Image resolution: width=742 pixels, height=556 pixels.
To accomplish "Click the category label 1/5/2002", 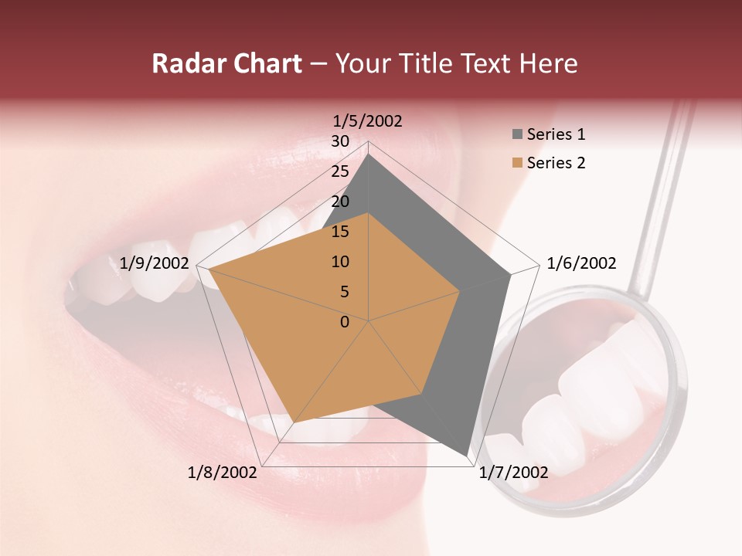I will tap(368, 121).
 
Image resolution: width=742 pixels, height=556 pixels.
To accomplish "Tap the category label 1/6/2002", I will tap(581, 263).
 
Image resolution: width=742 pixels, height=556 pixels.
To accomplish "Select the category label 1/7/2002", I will tap(513, 473).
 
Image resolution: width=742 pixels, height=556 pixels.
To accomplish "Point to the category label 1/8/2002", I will tap(223, 473).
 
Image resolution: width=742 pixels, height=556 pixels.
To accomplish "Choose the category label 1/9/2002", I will tap(155, 263).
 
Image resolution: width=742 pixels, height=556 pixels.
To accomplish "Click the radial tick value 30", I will tap(340, 141).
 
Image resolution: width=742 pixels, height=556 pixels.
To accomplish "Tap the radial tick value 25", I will tap(340, 171).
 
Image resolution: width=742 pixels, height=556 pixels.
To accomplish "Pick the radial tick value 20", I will tap(340, 202).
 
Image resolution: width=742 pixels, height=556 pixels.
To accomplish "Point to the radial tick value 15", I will tap(340, 232).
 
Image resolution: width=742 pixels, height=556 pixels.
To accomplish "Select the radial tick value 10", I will tap(340, 262).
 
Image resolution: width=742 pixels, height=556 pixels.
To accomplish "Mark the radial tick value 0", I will tap(345, 322).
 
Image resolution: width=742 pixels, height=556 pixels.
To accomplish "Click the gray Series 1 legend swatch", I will tap(517, 134).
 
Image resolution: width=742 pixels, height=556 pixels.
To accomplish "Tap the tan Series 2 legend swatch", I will tap(517, 163).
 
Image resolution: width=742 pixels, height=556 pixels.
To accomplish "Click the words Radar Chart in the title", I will tap(226, 63).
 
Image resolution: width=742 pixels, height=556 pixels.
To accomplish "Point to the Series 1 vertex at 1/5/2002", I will tap(369, 154).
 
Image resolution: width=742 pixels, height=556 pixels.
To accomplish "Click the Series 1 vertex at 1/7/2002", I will tap(468, 455).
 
